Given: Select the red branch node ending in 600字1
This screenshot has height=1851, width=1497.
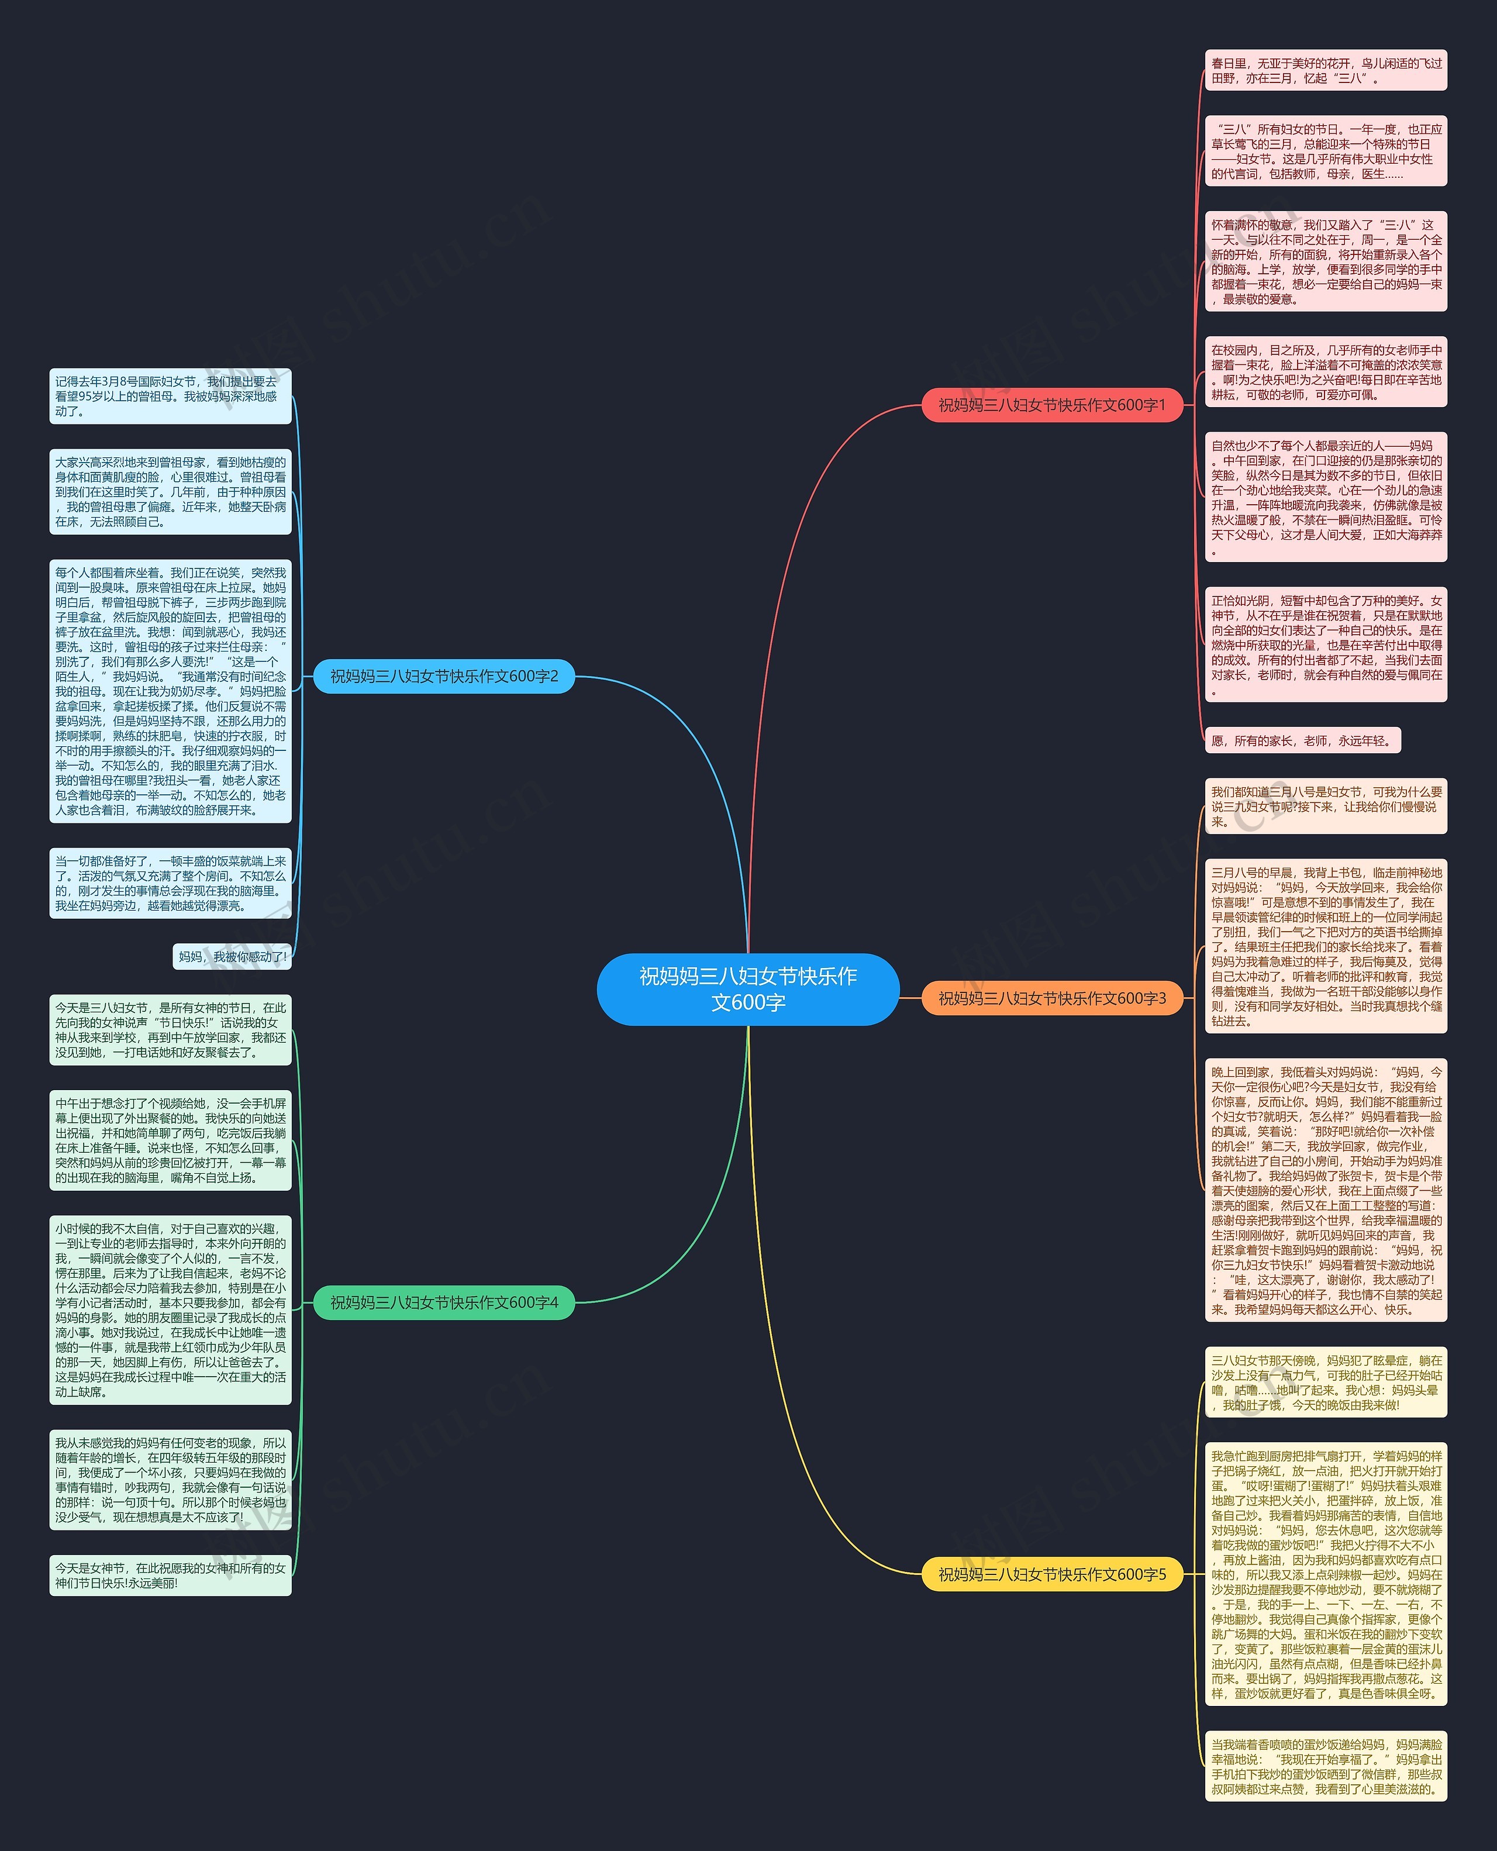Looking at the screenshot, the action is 1051,405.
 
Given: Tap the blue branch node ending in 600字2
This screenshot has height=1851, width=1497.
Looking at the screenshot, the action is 443,676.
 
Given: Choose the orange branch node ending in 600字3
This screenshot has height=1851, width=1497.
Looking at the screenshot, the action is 1051,998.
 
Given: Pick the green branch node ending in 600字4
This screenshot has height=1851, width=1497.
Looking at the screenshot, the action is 443,1302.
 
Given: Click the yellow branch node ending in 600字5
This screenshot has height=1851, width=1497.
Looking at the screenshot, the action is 1051,1574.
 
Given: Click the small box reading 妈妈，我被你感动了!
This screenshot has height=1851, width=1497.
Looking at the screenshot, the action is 232,957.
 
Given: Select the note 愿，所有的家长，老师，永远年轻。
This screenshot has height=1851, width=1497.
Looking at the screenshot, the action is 1302,740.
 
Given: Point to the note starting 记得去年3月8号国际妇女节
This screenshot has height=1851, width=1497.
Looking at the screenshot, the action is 170,396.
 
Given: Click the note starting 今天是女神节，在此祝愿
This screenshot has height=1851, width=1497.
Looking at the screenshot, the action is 170,1575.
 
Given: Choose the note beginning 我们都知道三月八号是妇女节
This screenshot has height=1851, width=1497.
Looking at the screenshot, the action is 1326,806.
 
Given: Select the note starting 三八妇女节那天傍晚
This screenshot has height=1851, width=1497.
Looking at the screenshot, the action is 1326,1383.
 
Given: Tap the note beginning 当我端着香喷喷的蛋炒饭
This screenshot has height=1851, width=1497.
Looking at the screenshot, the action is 1326,1766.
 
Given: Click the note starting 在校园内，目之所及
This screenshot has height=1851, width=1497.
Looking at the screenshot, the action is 1326,373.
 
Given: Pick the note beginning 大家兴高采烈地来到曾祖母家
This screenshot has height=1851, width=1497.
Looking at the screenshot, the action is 170,492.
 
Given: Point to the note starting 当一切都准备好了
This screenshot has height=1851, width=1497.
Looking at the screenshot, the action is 170,883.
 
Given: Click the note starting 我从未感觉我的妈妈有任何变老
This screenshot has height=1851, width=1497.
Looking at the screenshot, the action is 170,1479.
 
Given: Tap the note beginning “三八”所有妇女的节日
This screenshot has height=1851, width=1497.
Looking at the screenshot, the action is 1326,151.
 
